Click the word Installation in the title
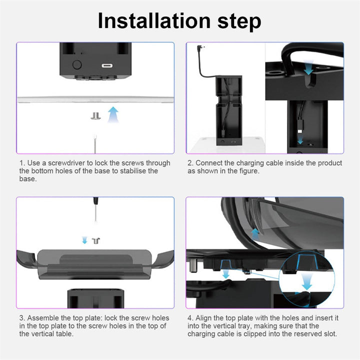pos(154,21)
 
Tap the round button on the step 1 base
pos(77,64)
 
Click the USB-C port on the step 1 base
pos(107,65)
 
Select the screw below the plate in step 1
pos(95,116)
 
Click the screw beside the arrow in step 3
pos(96,241)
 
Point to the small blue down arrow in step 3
pos(84,240)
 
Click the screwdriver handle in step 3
pos(96,200)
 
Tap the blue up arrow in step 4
pos(255,234)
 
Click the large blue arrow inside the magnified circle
pos(306,281)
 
